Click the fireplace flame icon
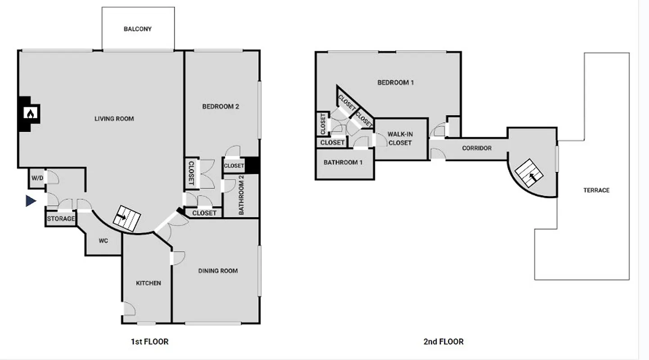(30, 114)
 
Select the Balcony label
(138, 29)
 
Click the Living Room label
(114, 119)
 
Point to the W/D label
(37, 178)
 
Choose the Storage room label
(61, 219)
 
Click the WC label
(103, 241)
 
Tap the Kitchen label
(149, 283)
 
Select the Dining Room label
(218, 270)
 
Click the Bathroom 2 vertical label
(241, 195)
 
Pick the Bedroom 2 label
(220, 107)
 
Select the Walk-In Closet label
(400, 139)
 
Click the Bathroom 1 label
(343, 162)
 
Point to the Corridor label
(477, 148)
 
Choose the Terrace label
(596, 190)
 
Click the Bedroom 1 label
(395, 82)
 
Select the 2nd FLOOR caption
(443, 342)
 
